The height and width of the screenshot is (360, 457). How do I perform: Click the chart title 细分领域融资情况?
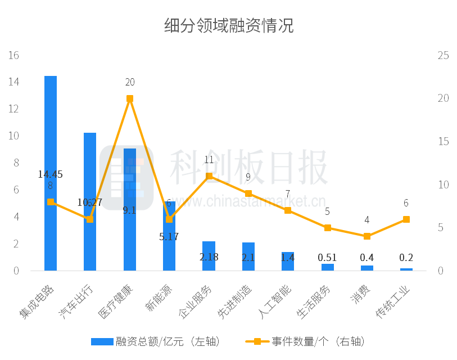[x=229, y=25]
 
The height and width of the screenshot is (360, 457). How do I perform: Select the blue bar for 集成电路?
[x=51, y=169]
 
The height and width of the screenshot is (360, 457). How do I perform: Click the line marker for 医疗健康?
[x=130, y=98]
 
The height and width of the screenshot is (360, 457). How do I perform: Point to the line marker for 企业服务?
[x=209, y=176]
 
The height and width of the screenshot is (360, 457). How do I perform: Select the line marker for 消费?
[x=367, y=236]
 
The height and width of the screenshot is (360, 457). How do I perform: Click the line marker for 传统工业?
[x=406, y=219]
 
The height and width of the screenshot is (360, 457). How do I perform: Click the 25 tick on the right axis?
[x=443, y=55]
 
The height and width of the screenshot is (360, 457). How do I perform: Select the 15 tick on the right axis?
[x=443, y=141]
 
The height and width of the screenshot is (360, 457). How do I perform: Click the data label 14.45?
[x=51, y=174]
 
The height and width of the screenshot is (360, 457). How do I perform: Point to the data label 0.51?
[x=327, y=258]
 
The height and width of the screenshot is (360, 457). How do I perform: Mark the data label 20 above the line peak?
[x=130, y=82]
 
